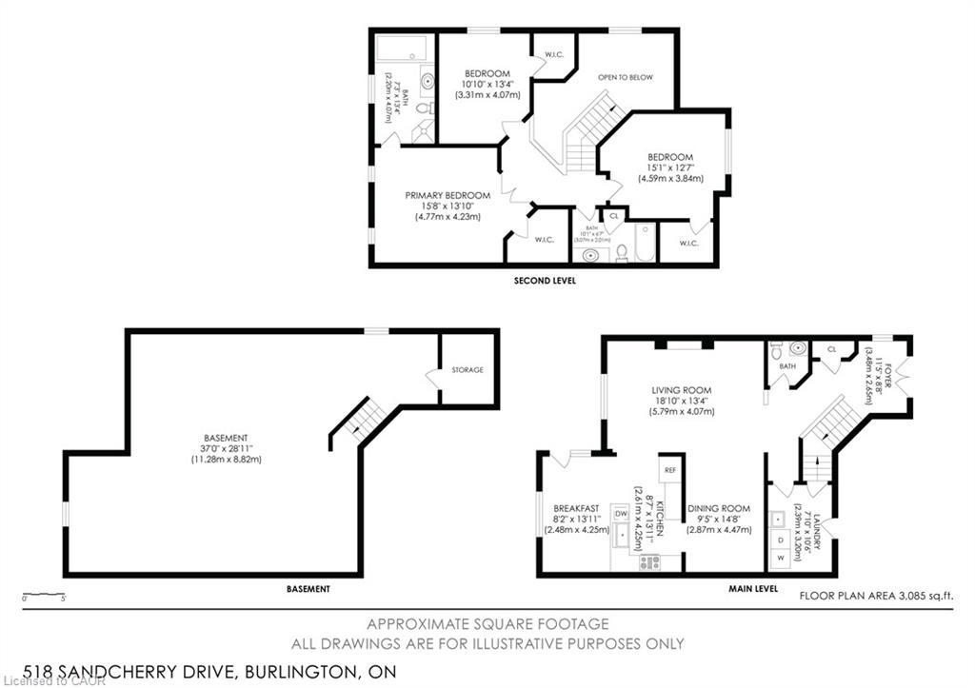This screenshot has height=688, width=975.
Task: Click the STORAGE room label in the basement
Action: click(x=468, y=369)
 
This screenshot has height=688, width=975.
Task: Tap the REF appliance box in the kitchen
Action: click(x=669, y=470)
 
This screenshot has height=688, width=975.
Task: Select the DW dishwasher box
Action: click(x=621, y=513)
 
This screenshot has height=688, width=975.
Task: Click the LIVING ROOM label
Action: click(x=681, y=390)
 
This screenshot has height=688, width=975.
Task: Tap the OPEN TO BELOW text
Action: click(x=625, y=77)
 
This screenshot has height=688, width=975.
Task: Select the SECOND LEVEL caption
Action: click(x=545, y=281)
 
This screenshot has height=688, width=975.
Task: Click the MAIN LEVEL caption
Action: click(x=753, y=589)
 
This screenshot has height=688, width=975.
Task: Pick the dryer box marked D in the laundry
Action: click(x=782, y=539)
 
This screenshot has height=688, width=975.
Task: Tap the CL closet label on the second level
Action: click(x=613, y=216)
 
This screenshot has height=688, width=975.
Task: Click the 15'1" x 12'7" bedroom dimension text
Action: click(x=670, y=167)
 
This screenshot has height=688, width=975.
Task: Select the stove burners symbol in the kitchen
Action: click(x=650, y=561)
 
